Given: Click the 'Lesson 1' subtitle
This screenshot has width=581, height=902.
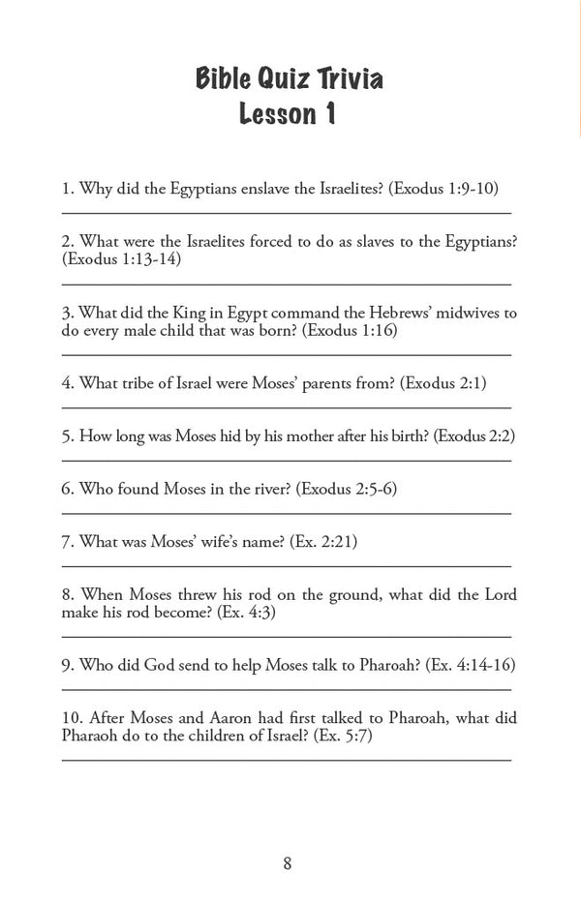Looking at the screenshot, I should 289,114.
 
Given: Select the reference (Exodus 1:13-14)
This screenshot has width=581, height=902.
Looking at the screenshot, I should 121,259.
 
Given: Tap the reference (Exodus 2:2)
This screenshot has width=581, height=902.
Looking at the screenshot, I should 474,436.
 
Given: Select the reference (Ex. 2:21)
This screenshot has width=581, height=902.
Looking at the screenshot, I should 323,541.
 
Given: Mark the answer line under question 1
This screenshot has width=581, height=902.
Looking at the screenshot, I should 287,211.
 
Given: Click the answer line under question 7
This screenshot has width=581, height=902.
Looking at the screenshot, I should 287,563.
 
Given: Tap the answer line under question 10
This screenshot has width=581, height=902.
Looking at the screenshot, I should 287,760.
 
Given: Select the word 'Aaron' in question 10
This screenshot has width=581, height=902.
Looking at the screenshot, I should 222,718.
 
